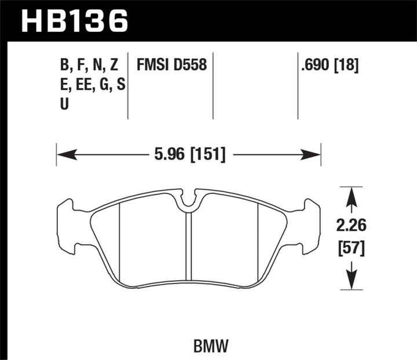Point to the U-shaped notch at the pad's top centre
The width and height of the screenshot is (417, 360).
[x=188, y=200]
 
